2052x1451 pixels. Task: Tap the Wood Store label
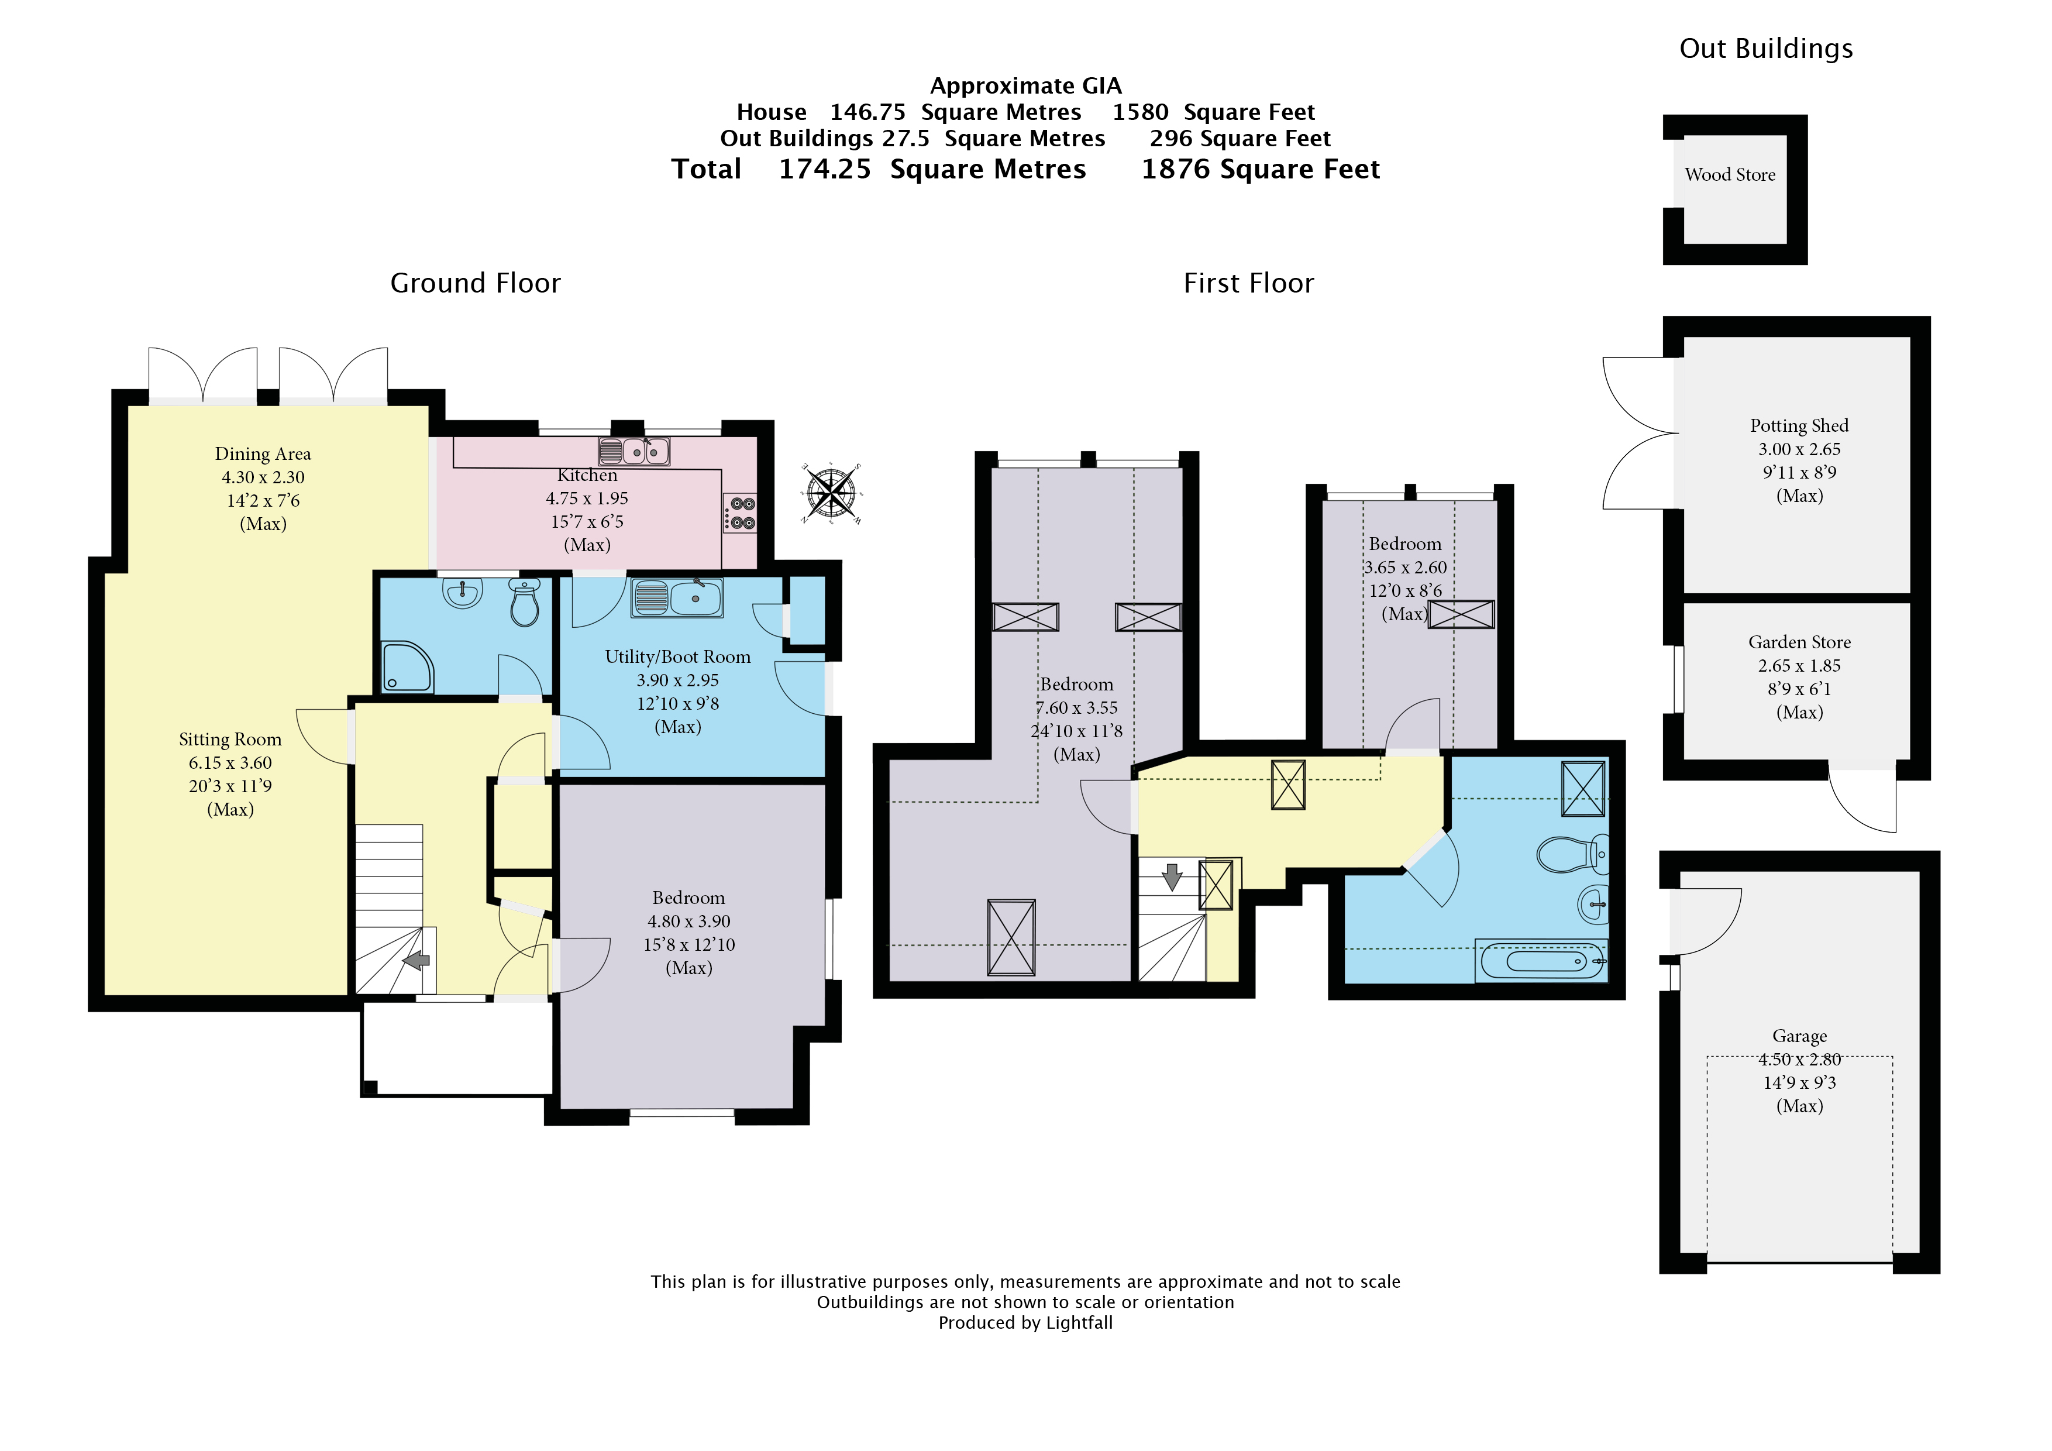point(1730,175)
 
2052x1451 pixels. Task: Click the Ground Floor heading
point(476,283)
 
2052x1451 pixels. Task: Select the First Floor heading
point(1248,283)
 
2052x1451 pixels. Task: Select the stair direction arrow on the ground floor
point(416,961)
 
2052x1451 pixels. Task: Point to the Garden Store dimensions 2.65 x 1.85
point(1799,666)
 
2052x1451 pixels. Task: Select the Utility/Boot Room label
point(677,657)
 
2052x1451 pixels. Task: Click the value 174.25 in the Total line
point(824,170)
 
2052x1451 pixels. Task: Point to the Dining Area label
point(263,454)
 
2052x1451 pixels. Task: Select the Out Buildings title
point(1766,49)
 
